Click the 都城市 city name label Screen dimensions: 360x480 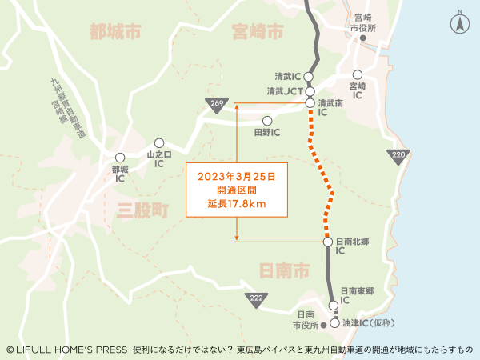tap(115, 32)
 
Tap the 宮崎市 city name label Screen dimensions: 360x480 tap(258, 32)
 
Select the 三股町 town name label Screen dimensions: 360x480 tap(142, 211)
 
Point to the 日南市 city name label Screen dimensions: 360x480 tap(284, 271)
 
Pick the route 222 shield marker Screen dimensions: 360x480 tap(255, 298)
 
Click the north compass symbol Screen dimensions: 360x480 tap(460, 23)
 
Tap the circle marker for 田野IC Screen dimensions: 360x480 tap(267, 122)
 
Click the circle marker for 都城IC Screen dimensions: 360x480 tap(120, 158)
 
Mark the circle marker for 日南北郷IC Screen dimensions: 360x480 tap(327, 242)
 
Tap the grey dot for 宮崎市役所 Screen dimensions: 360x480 tap(363, 38)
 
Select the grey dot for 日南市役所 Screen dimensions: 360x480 tap(324, 326)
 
